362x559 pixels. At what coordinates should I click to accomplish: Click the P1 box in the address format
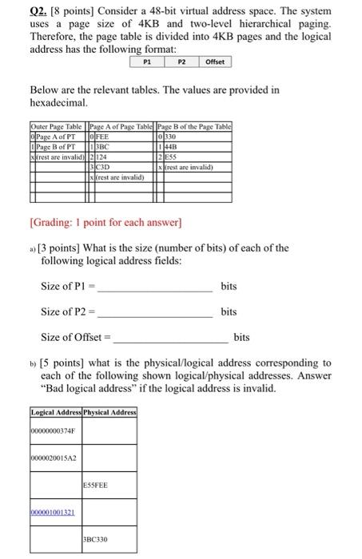coord(146,61)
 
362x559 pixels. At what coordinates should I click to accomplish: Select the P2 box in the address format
coord(181,61)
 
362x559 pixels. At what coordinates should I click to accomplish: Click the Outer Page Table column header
coord(57,127)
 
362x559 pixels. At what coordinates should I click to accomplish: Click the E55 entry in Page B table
coord(171,155)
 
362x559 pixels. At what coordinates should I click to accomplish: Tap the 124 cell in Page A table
coord(107,155)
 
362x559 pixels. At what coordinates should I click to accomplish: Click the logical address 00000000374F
coord(54,431)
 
